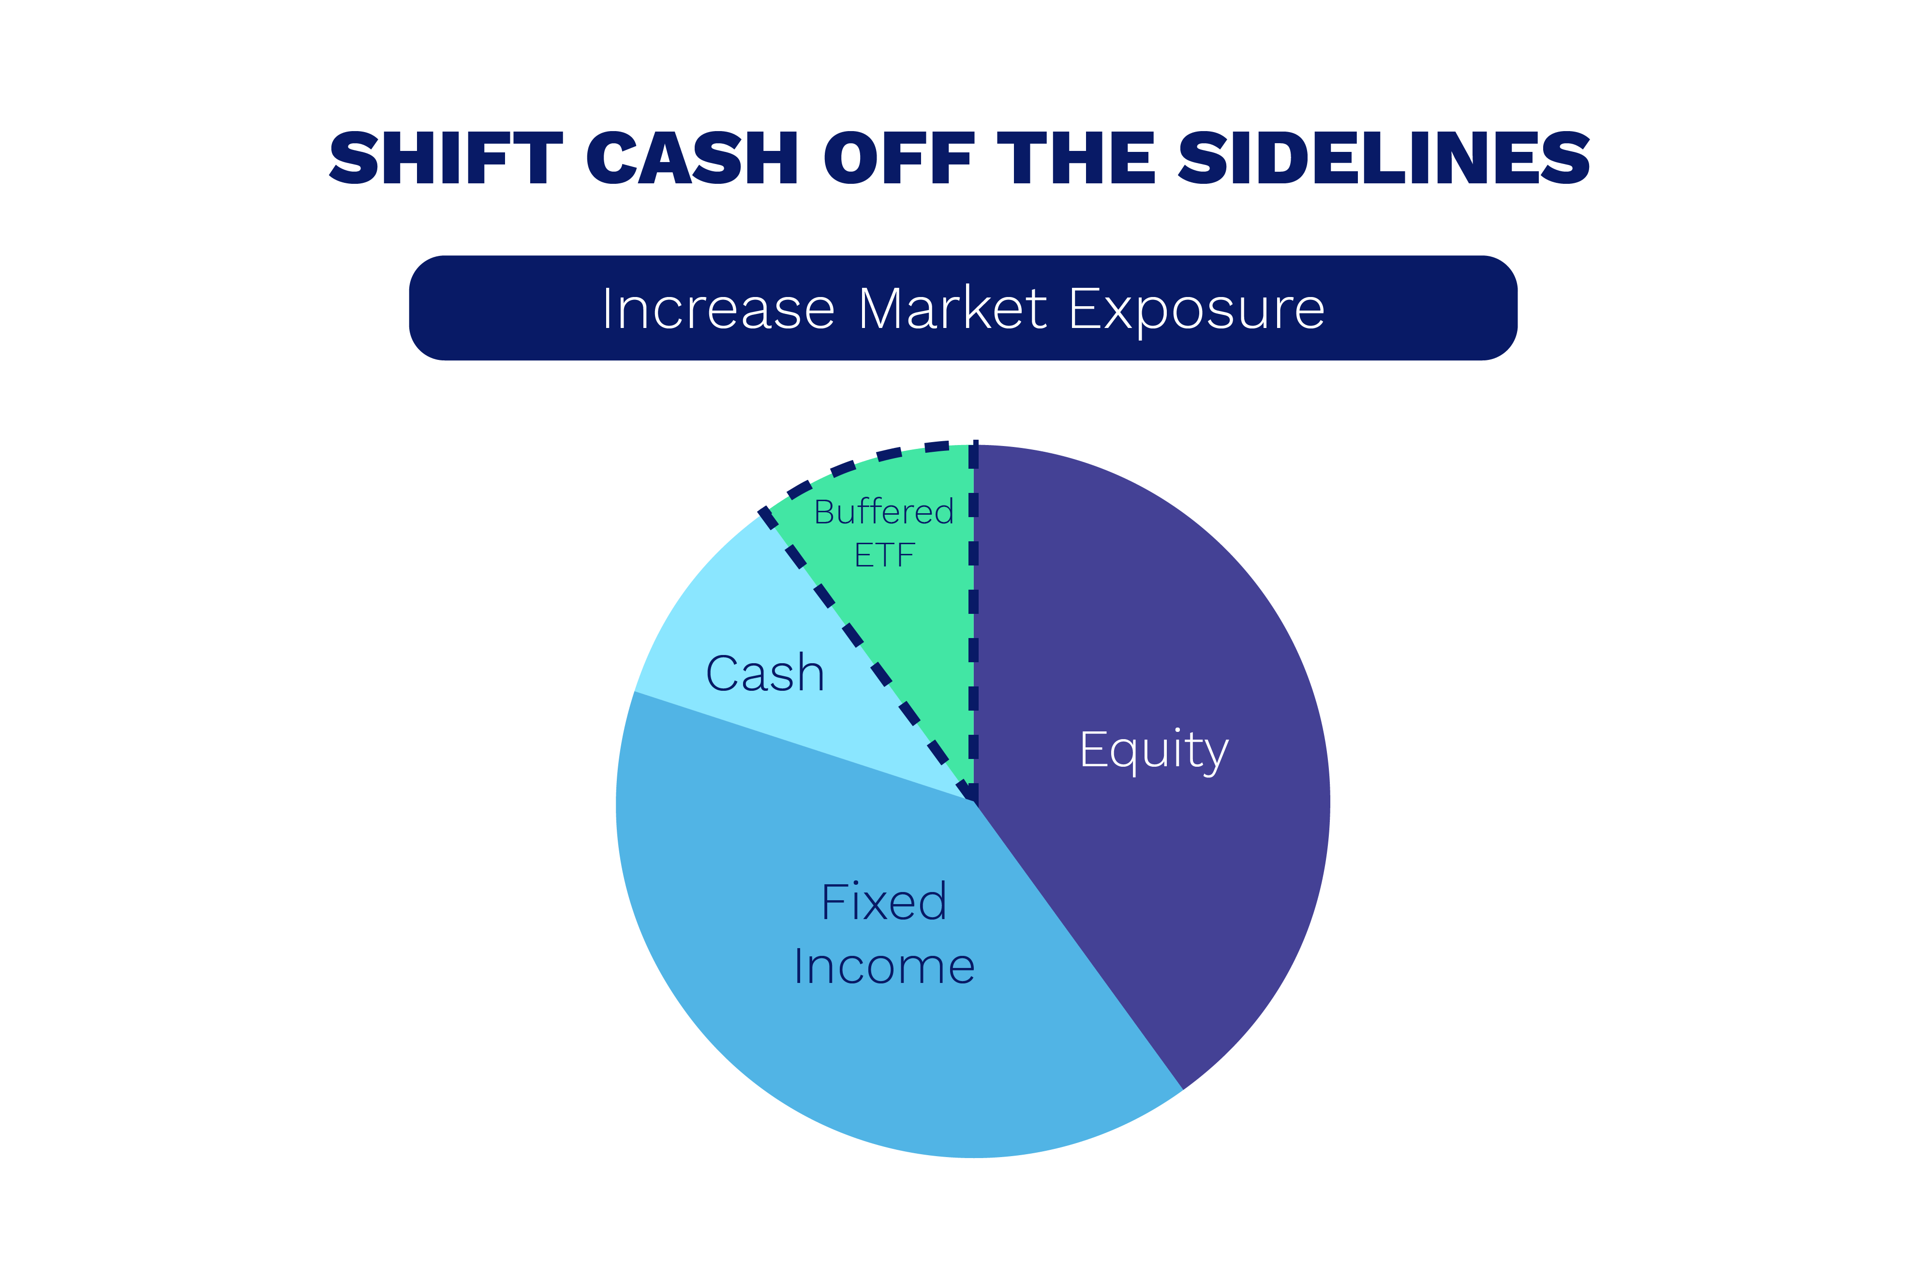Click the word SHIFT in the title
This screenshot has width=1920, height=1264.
(x=446, y=157)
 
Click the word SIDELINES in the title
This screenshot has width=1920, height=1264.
(x=1384, y=157)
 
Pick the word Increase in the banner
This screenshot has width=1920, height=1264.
(x=718, y=309)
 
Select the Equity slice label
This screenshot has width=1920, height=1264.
(x=1154, y=752)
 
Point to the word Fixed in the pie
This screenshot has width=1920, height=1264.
(x=884, y=901)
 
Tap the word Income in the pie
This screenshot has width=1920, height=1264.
(x=884, y=967)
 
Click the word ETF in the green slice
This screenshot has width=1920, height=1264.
(x=884, y=555)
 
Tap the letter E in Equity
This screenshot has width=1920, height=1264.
(x=1093, y=749)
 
